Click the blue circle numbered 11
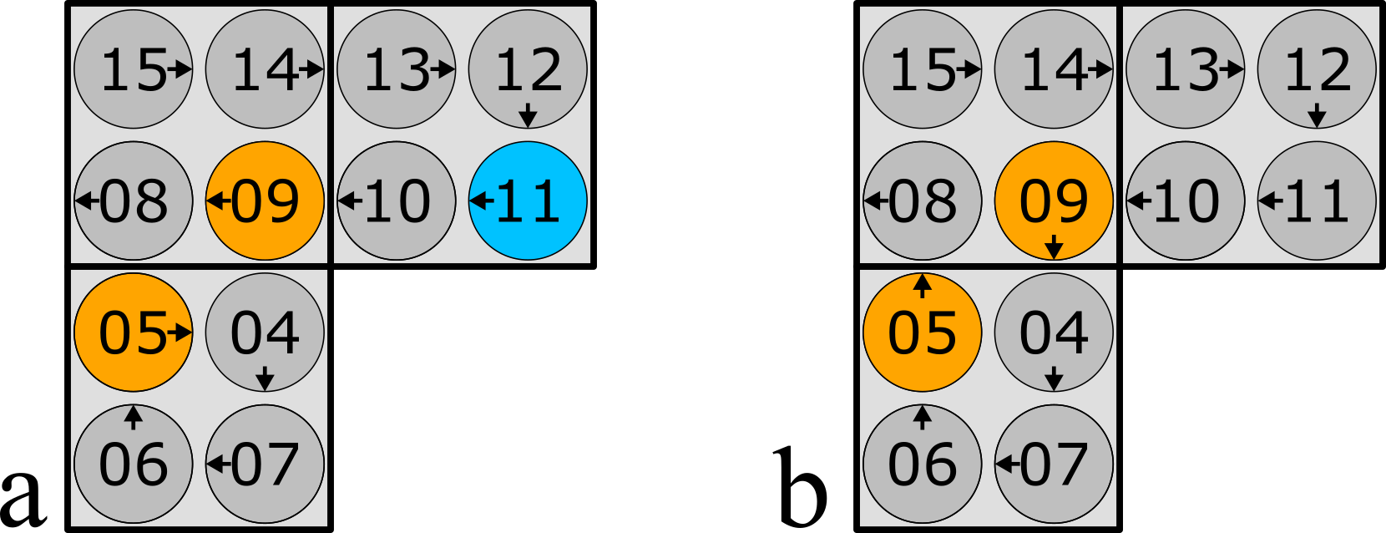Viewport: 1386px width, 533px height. click(x=528, y=201)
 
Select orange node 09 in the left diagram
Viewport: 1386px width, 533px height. click(x=265, y=201)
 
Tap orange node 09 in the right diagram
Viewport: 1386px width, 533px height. click(x=1054, y=201)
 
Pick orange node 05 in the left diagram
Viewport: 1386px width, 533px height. click(x=134, y=332)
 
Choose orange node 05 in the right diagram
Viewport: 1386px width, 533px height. click(x=922, y=332)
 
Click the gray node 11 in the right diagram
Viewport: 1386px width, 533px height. click(x=1317, y=201)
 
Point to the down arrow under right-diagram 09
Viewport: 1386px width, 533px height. click(x=1054, y=247)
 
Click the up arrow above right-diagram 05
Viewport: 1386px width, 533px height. click(x=922, y=286)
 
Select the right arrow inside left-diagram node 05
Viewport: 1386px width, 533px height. click(x=180, y=332)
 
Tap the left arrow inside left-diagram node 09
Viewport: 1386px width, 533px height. click(x=218, y=201)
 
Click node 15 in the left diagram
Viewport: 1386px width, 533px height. click(x=134, y=69)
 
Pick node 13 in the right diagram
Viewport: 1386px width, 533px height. click(x=1185, y=69)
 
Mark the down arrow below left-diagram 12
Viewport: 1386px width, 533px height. click(x=528, y=115)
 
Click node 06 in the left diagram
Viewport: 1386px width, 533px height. click(x=134, y=464)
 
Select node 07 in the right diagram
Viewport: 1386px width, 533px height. click(x=1054, y=464)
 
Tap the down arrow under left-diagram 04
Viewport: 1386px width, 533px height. click(x=265, y=378)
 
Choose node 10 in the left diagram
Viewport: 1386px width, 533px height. click(x=397, y=201)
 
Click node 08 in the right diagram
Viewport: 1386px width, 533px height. click(x=922, y=201)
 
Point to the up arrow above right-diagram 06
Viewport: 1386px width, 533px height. click(x=922, y=416)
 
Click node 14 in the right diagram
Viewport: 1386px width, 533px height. click(x=1054, y=69)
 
